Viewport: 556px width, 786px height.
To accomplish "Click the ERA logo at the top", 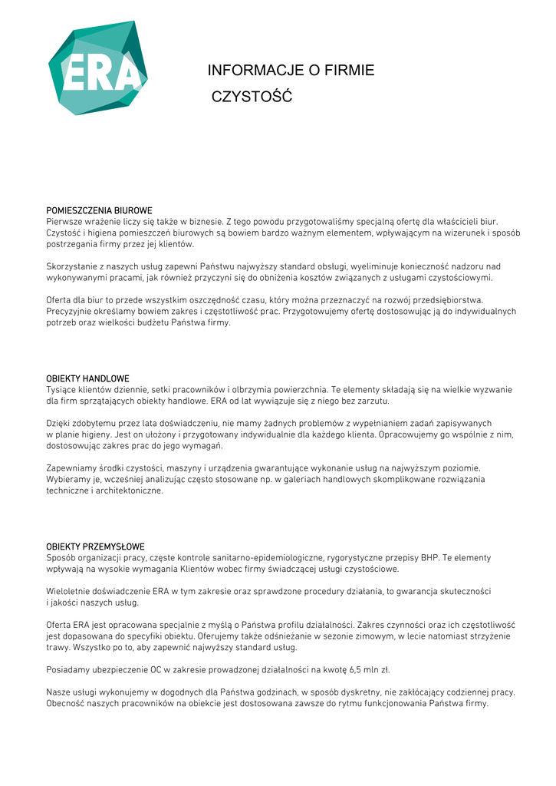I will click(97, 69).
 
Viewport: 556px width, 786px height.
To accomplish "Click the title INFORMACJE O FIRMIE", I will click(291, 71).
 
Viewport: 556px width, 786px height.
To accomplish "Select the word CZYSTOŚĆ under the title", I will click(252, 97).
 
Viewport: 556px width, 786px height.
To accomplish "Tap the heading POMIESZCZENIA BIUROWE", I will click(99, 210).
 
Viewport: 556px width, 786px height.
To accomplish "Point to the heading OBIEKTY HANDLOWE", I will click(87, 378).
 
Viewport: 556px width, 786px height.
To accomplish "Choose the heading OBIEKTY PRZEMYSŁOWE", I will click(95, 547).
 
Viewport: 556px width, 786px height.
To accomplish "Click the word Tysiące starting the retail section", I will click(62, 389).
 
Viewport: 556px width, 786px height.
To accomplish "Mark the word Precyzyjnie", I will click(71, 312).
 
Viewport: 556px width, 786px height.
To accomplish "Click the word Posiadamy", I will click(68, 669).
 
